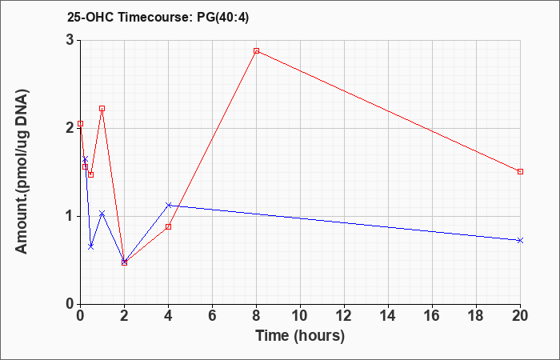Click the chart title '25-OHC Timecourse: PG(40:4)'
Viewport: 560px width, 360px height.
pyautogui.click(x=158, y=18)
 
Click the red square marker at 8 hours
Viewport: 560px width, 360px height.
pyautogui.click(x=257, y=50)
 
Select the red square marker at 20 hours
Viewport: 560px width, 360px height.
pyautogui.click(x=520, y=171)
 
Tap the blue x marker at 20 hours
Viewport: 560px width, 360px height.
pyautogui.click(x=520, y=240)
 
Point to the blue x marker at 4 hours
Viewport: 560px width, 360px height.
pyautogui.click(x=169, y=205)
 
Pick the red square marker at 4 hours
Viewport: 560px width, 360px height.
pyautogui.click(x=169, y=226)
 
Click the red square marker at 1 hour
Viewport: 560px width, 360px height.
pyautogui.click(x=102, y=108)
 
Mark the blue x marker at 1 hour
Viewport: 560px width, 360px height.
pyautogui.click(x=102, y=214)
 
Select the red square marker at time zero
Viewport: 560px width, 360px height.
pyautogui.click(x=80, y=123)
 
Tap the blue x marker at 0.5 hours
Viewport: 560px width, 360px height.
pyautogui.click(x=91, y=246)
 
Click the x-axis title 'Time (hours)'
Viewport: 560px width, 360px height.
pyautogui.click(x=300, y=336)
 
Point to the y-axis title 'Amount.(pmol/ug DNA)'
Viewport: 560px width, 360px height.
pyautogui.click(x=22, y=171)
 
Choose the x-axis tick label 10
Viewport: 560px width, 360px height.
pyautogui.click(x=300, y=316)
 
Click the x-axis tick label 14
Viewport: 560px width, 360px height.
pyautogui.click(x=388, y=316)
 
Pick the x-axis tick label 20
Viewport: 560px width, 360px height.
pyautogui.click(x=520, y=316)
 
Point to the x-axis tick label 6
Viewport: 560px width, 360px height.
pyautogui.click(x=213, y=316)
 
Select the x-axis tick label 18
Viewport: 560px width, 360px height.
pyautogui.click(x=477, y=316)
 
